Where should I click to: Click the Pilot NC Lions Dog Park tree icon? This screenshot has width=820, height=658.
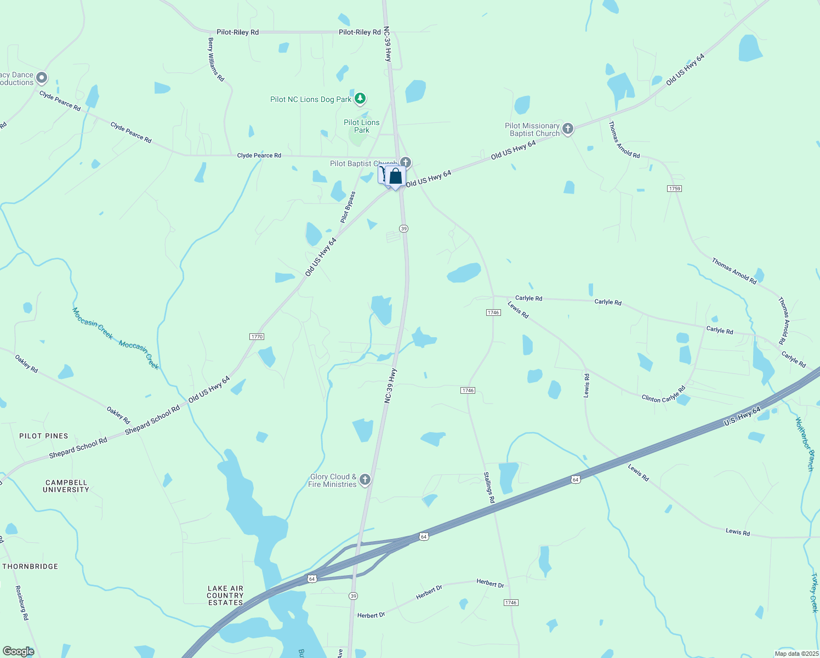click(360, 99)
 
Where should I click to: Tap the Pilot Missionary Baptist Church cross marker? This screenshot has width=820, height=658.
click(568, 129)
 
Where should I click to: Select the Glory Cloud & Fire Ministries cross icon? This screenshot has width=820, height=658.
click(365, 480)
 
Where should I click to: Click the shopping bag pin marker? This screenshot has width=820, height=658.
click(395, 177)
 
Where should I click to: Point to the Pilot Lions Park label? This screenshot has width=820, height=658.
click(361, 126)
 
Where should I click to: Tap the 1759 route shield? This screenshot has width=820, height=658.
click(674, 189)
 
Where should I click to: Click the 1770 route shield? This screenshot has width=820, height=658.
click(257, 337)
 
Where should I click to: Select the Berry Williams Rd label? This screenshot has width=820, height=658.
click(216, 59)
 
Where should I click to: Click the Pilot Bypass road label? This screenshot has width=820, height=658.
click(348, 207)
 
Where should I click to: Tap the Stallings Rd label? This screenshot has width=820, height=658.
click(489, 487)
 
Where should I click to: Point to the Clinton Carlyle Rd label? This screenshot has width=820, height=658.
click(663, 395)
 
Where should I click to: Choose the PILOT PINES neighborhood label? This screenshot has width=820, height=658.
click(44, 436)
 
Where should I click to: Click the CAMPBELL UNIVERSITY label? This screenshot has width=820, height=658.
click(66, 486)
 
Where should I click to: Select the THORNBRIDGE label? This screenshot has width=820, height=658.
click(30, 566)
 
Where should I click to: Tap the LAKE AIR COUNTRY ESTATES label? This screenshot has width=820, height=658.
click(225, 595)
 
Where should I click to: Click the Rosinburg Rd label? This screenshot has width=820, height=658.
click(22, 603)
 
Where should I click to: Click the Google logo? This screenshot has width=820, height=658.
click(18, 651)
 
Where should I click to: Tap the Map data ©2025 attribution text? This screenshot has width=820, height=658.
click(796, 654)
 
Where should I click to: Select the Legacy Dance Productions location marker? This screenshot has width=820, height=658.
click(42, 78)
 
